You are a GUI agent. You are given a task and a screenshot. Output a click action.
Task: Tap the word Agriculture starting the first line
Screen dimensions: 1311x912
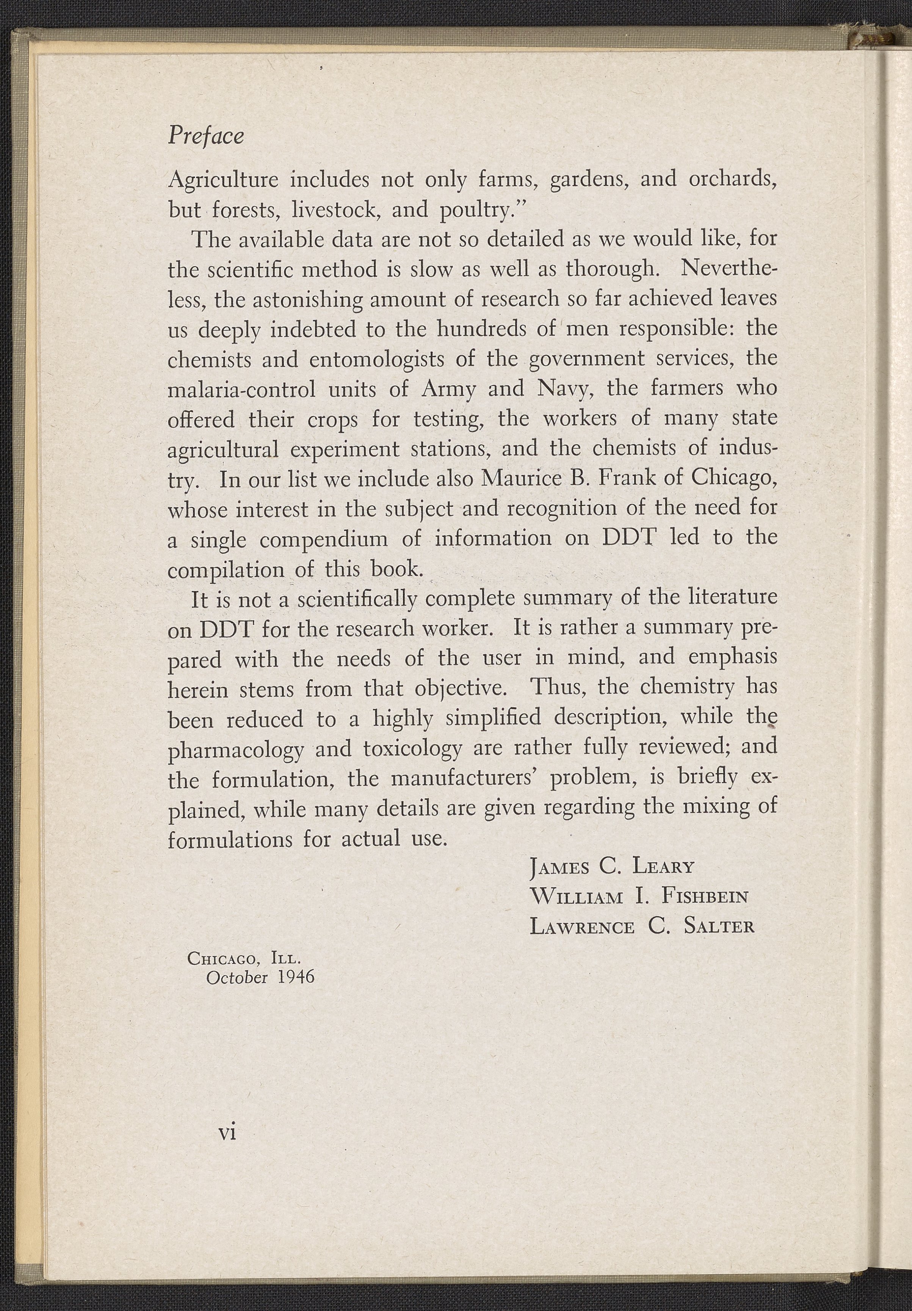pos(223,181)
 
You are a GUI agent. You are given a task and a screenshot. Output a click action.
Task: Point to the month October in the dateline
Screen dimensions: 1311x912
pos(237,978)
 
